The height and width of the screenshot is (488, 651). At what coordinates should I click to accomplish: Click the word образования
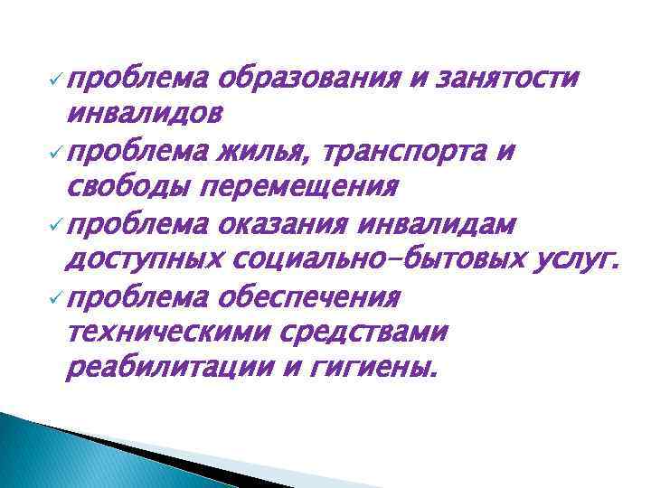click(x=312, y=80)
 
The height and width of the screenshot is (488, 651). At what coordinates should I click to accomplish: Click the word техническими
click(x=162, y=333)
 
